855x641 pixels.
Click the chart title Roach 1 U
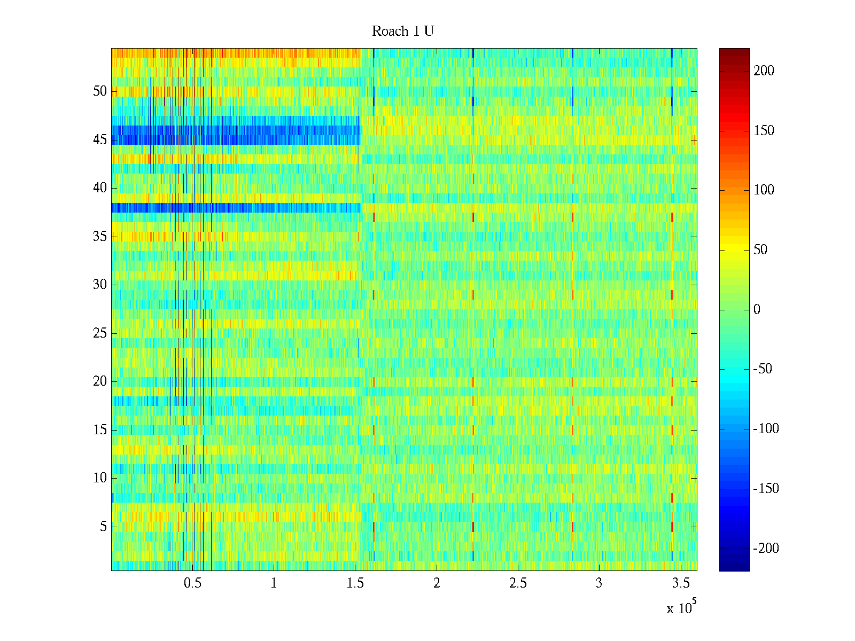pyautogui.click(x=403, y=32)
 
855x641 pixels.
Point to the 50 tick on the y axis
pyautogui.click(x=100, y=91)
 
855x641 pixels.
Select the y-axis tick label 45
pyautogui.click(x=100, y=140)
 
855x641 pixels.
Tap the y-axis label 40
pyautogui.click(x=100, y=188)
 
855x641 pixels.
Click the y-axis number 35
pyautogui.click(x=100, y=237)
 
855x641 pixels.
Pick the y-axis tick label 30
pyautogui.click(x=100, y=285)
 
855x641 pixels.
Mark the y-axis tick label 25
pyautogui.click(x=100, y=333)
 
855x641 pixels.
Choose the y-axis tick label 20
pyautogui.click(x=100, y=381)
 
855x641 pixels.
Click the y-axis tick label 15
pyautogui.click(x=100, y=430)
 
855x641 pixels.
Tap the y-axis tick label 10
pyautogui.click(x=100, y=478)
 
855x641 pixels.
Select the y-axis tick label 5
pyautogui.click(x=103, y=527)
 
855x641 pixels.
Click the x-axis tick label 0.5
pyautogui.click(x=192, y=583)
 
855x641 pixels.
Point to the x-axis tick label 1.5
pyautogui.click(x=355, y=583)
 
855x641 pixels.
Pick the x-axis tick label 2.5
pyautogui.click(x=518, y=583)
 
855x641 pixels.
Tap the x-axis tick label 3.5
pyautogui.click(x=681, y=583)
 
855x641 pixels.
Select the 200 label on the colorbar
pyautogui.click(x=764, y=71)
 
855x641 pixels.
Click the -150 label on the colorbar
pyautogui.click(x=766, y=489)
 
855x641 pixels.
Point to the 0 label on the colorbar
pyautogui.click(x=757, y=310)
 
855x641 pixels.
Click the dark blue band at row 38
pyautogui.click(x=235, y=208)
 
